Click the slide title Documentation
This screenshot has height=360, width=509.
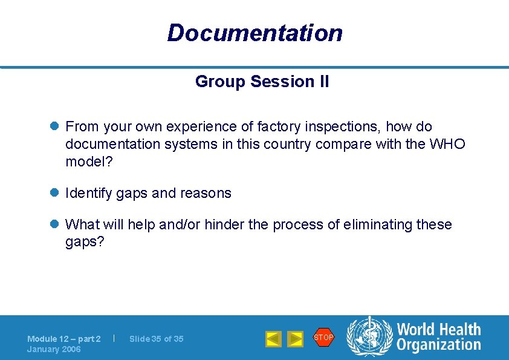click(254, 33)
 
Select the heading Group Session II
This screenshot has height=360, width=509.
click(262, 82)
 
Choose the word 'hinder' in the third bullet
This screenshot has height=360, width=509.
click(224, 224)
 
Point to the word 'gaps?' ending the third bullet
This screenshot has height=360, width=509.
click(82, 241)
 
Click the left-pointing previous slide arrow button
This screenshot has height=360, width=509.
click(273, 339)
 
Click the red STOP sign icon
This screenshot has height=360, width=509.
click(323, 337)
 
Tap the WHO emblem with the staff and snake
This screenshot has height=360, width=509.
click(369, 338)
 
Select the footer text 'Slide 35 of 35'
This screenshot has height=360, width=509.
click(156, 339)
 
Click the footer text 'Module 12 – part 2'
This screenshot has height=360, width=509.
click(63, 339)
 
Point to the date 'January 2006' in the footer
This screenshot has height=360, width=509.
click(54, 350)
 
